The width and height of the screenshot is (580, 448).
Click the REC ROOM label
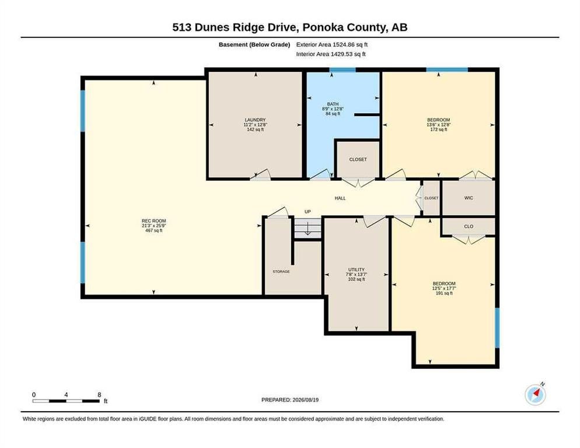pos(154,221)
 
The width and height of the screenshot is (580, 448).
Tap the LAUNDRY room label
pos(255,120)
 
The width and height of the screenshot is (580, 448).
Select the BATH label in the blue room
pos(333,104)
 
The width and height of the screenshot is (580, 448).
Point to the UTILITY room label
pos(356,269)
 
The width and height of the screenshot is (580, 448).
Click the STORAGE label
pos(281,271)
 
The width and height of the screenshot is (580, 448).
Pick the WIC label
pos(469,198)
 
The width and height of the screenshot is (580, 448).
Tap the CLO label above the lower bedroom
pos(469,226)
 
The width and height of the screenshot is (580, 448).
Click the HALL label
pos(340,198)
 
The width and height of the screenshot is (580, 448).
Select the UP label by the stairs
pos(308,212)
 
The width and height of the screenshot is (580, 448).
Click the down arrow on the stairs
pos(307,229)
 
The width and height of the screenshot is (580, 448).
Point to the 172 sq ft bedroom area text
pos(439,129)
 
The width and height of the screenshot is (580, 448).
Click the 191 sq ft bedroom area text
pos(444,293)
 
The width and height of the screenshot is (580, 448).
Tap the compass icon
pos(535,395)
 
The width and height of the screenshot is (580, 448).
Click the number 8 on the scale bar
pos(99,395)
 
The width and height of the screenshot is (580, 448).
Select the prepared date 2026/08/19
pos(305,400)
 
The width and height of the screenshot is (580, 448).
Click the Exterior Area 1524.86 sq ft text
pos(332,44)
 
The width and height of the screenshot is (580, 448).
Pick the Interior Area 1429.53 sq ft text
pos(331,54)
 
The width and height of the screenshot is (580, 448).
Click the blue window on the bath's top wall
pos(343,69)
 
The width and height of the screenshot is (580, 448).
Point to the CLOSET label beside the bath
pos(358,159)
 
